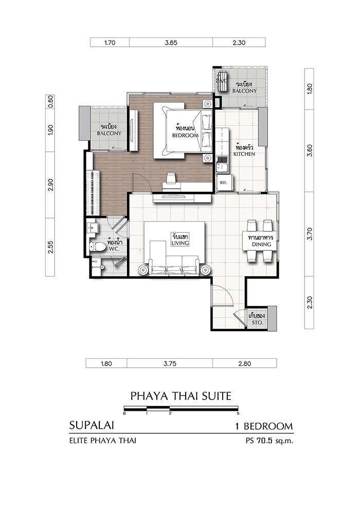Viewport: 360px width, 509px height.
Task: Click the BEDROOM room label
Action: tap(185, 135)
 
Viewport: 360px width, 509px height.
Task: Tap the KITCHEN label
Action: tap(244, 154)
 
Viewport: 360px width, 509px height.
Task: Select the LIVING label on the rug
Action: tap(180, 243)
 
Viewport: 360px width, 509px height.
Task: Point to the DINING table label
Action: tap(261, 244)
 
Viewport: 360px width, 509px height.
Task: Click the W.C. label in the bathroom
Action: tap(114, 249)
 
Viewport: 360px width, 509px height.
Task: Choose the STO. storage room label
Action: tap(258, 323)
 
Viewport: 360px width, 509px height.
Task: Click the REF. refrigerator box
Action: tap(223, 183)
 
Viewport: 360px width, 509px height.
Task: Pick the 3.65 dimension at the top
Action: tap(171, 43)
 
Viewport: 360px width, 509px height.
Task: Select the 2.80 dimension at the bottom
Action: tap(244, 363)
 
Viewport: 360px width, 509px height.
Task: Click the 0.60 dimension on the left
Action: tap(50, 101)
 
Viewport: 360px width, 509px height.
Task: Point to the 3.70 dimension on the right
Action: tap(310, 234)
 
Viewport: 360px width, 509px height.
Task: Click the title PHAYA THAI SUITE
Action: tap(181, 396)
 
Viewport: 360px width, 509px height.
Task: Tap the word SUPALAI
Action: tap(92, 425)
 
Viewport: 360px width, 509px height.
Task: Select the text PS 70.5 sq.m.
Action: tap(269, 441)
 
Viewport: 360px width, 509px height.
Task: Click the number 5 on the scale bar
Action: tap(238, 413)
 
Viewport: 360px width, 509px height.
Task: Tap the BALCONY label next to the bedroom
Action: tap(109, 133)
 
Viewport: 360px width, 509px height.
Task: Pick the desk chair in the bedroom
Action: tap(171, 178)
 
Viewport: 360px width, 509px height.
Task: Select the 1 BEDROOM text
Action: tap(264, 426)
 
